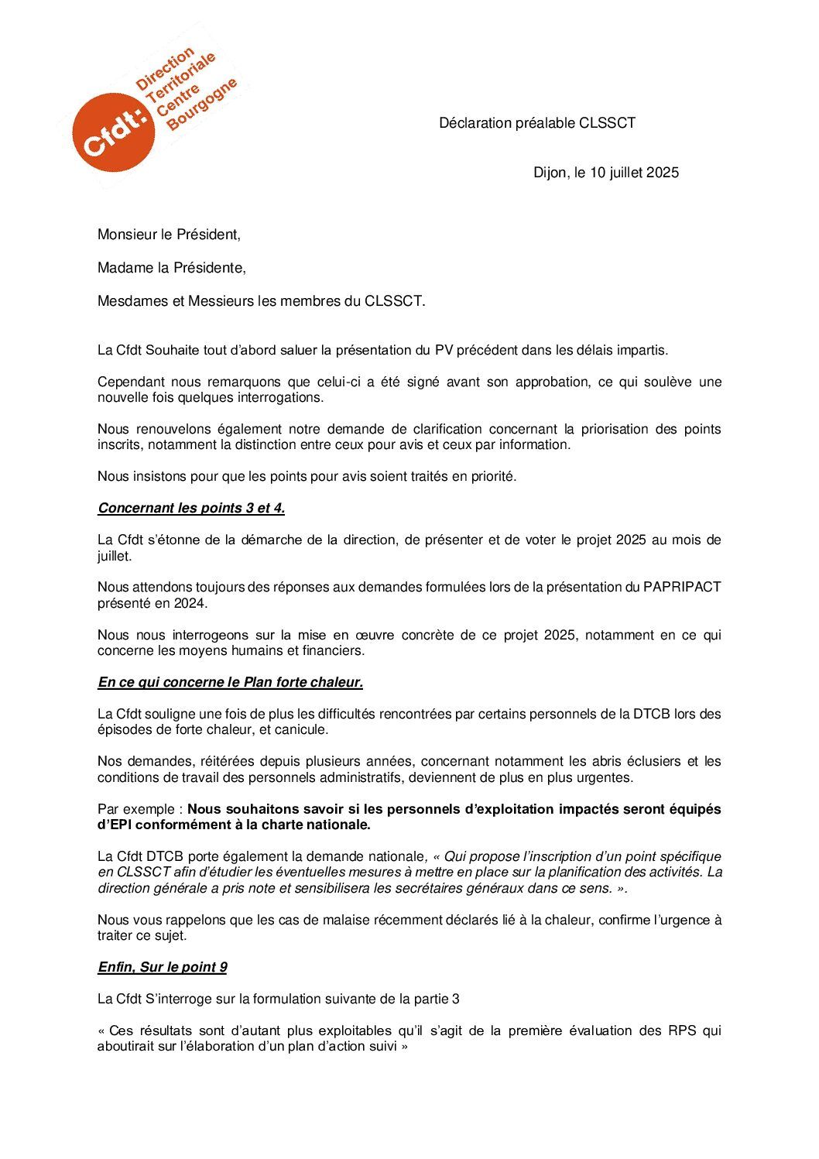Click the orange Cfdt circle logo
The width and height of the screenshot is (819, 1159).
[108, 132]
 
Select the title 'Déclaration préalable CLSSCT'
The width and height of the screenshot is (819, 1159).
[537, 123]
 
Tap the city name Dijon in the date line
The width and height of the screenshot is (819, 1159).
[549, 173]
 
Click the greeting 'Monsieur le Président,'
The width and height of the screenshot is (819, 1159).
[169, 235]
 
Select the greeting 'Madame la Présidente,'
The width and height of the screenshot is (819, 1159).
[171, 268]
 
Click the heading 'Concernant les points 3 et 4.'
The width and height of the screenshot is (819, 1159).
[191, 509]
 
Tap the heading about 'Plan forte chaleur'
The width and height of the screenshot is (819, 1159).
[230, 682]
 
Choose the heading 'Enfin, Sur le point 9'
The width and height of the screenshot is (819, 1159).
[162, 967]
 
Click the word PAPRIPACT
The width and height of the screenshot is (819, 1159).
[682, 588]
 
